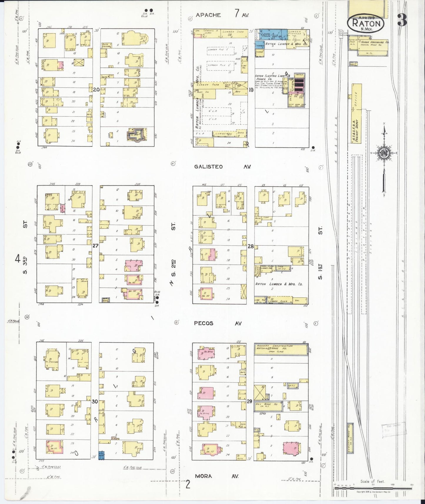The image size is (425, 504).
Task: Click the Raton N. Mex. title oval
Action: (366, 23)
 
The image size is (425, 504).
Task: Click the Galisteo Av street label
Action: (222, 167)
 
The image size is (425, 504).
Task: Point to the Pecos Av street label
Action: (218, 323)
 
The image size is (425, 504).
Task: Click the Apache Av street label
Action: (222, 14)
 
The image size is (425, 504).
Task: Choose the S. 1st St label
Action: (321, 253)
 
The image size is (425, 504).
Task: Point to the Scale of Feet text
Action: (372, 482)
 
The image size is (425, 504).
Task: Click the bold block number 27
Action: (95, 246)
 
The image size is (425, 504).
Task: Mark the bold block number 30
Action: (94, 402)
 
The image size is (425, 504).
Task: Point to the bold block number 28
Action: (250, 246)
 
